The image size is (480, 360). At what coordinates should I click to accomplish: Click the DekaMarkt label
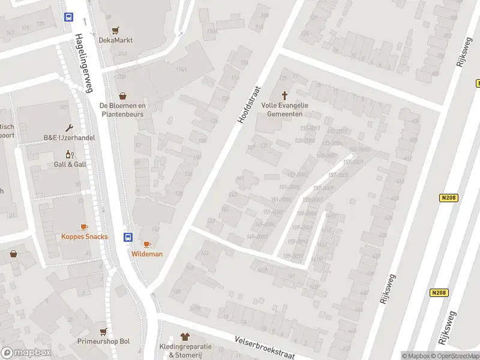116,40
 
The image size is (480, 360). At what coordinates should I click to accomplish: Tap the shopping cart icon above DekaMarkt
116,30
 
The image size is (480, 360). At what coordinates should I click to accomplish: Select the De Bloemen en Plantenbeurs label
123,109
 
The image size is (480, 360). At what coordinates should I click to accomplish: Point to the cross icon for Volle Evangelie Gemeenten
284,95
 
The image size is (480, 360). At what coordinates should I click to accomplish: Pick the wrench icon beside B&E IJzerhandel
70,128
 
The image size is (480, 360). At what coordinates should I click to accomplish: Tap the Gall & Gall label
70,164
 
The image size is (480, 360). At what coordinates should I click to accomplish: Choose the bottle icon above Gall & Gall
70,154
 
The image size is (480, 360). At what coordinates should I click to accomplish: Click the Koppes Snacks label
85,236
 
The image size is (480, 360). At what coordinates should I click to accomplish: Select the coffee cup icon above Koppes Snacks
84,226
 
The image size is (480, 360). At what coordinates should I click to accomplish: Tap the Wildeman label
147,254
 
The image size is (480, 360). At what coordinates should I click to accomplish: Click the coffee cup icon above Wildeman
147,244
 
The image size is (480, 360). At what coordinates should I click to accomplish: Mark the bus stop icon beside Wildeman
128,237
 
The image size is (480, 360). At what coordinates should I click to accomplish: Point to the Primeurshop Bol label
104,341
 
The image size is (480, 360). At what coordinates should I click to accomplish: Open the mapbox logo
26,352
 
